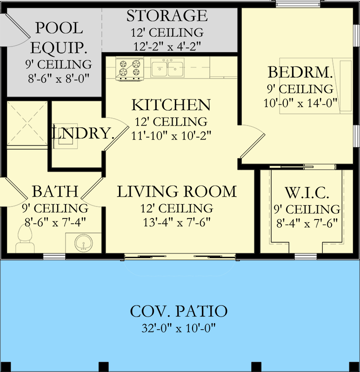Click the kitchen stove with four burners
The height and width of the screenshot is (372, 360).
point(128,67)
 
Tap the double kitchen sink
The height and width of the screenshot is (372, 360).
point(168,68)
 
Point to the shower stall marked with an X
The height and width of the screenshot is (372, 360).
point(27,123)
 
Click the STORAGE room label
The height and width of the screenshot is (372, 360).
point(167,16)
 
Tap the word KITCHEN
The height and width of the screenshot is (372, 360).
point(171,105)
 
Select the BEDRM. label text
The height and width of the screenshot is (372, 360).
point(300,73)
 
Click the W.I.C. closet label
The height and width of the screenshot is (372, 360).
point(306,192)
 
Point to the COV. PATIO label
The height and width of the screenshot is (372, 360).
point(179,311)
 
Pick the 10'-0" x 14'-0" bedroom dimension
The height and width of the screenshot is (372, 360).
point(300,102)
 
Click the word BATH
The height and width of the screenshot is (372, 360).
point(55,191)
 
